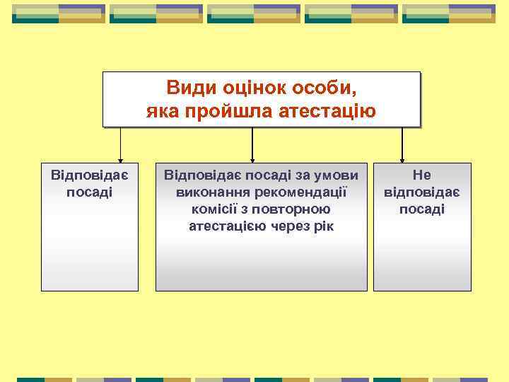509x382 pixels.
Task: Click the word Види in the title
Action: [x=187, y=88]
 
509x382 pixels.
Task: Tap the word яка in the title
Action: [x=165, y=112]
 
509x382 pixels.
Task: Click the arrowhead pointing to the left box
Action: [x=120, y=159]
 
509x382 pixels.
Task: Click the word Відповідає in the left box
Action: [x=90, y=175]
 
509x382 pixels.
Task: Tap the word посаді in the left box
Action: [x=90, y=192]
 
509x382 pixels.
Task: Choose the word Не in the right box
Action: [x=422, y=175]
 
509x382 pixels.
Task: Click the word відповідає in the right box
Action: [x=422, y=192]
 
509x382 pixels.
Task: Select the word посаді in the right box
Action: [x=422, y=209]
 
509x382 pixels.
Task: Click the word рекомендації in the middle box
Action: [x=296, y=192]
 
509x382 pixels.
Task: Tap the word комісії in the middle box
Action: [x=215, y=209]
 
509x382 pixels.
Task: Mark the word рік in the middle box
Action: [x=324, y=226]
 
